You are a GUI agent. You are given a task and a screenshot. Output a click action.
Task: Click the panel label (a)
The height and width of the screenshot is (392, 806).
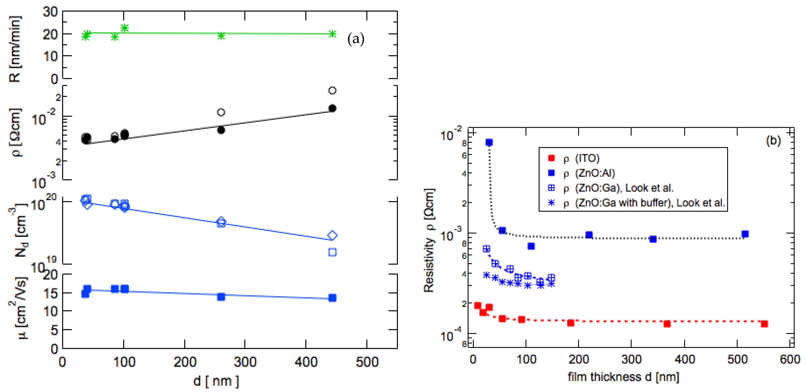[356, 40]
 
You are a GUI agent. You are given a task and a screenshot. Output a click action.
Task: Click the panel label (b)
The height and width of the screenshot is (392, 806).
[773, 141]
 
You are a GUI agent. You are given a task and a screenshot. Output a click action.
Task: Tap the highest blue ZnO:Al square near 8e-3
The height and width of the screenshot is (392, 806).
[489, 143]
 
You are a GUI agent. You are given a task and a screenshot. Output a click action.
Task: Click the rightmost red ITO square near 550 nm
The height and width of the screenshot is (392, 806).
[764, 324]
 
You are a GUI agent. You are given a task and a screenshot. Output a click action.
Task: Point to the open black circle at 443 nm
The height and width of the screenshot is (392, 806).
[332, 91]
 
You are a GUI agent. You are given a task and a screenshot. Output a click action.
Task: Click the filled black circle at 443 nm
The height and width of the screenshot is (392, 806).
[332, 108]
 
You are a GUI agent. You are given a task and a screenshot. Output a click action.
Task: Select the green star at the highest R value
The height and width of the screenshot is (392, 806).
[124, 28]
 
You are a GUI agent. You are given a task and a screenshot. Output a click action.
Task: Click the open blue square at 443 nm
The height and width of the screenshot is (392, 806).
[332, 252]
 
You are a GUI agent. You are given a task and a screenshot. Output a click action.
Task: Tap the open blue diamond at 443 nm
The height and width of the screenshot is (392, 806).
[332, 235]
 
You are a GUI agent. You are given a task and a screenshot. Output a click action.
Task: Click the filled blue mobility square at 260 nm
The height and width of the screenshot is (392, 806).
[221, 297]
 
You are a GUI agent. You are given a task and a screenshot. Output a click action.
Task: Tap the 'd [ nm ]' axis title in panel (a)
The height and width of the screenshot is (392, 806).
[216, 381]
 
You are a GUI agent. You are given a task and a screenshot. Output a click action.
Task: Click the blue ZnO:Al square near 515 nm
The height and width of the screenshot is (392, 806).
[745, 234]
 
